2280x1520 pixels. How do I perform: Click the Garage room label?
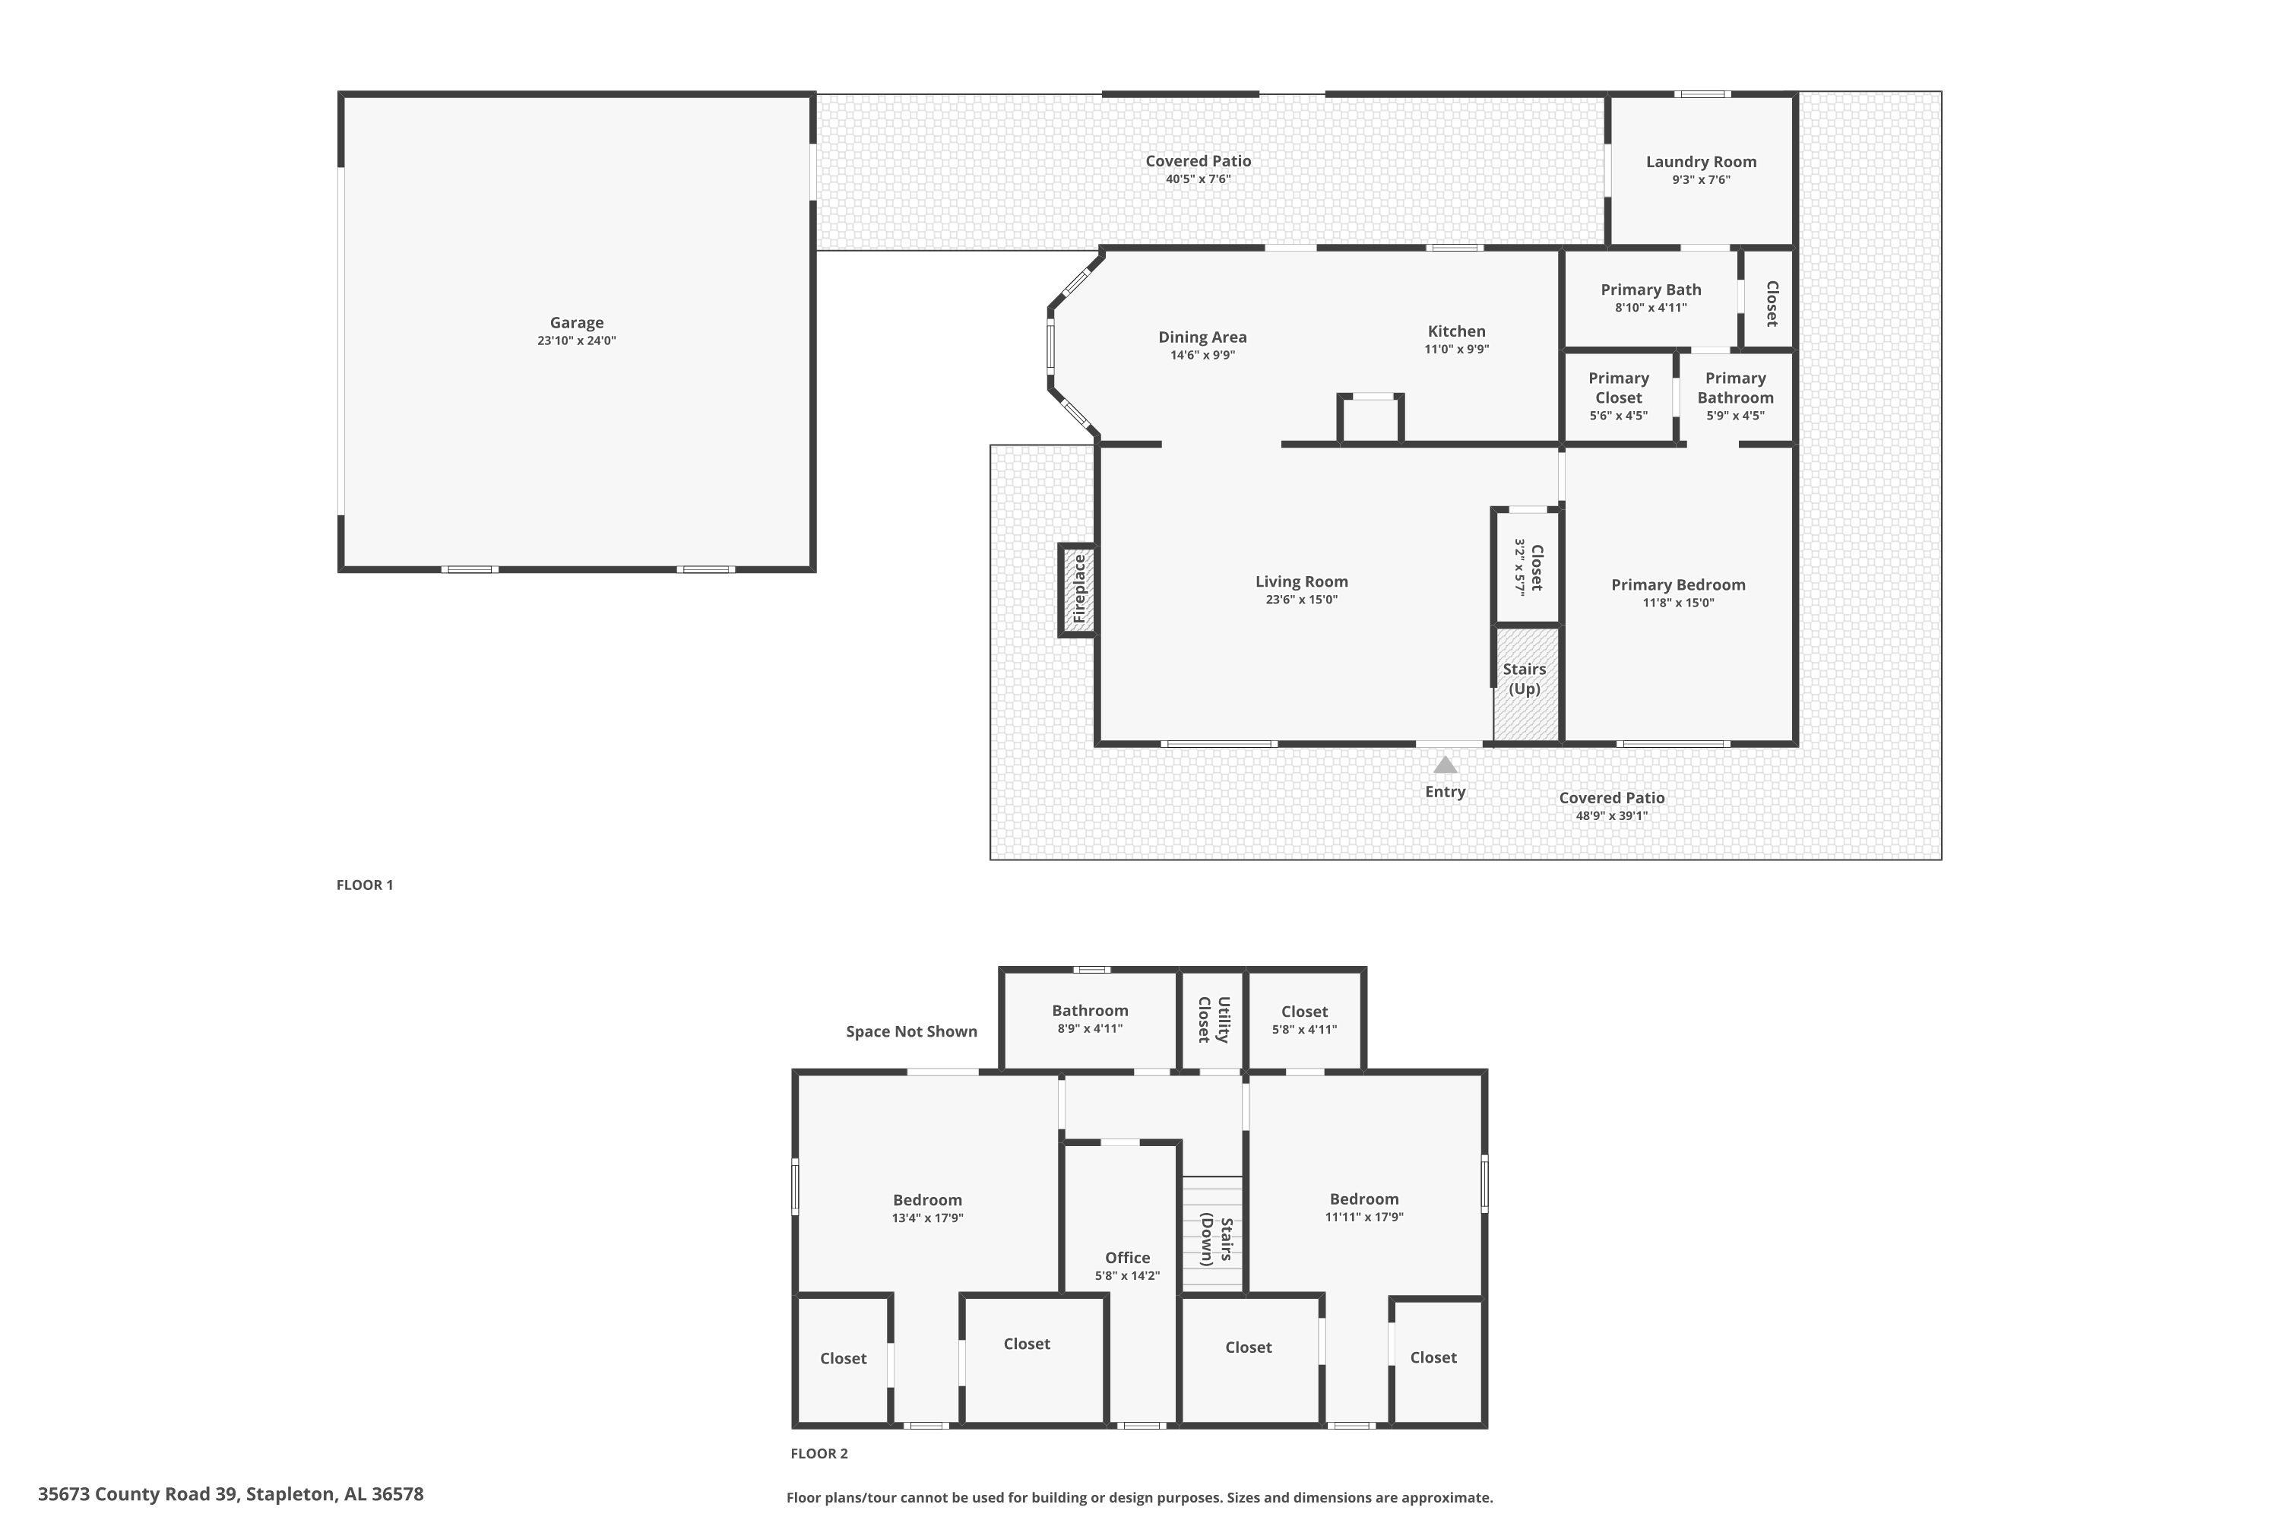click(577, 323)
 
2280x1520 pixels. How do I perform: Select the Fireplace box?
click(1078, 590)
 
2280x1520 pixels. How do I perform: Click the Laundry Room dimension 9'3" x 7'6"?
click(1702, 179)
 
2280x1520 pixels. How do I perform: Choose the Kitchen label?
click(1456, 331)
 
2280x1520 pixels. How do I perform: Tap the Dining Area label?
click(1202, 337)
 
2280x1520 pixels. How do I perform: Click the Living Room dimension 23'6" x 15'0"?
click(1302, 599)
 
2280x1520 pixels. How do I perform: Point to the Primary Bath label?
click(1651, 290)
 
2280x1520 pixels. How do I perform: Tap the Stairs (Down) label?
click(1217, 1242)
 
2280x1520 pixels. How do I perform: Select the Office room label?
click(1127, 1257)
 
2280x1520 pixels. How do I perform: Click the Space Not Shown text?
click(911, 1031)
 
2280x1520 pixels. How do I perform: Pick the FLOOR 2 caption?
click(819, 1453)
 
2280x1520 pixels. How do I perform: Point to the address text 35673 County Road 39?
click(138, 1494)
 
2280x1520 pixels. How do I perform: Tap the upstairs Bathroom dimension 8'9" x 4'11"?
click(1090, 1028)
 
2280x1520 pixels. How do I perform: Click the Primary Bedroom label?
click(1678, 584)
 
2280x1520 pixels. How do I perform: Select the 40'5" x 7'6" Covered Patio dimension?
click(1199, 179)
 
